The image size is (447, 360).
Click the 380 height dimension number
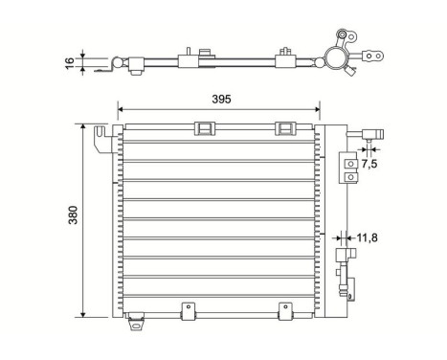click(x=72, y=219)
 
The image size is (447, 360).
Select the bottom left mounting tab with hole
click(x=188, y=309)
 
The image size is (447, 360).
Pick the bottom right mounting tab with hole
click(x=283, y=309)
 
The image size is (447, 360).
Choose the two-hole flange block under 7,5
click(x=351, y=170)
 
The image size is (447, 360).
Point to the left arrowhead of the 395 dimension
click(x=122, y=107)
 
